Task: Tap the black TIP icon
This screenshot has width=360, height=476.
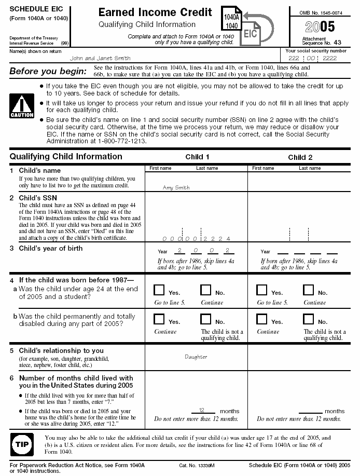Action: pyautogui.click(x=22, y=445)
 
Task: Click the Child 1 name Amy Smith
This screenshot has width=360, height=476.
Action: pyautogui.click(x=176, y=187)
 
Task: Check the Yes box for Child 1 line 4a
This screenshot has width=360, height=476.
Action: pyautogui.click(x=159, y=290)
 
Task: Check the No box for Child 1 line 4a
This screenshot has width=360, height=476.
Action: pyautogui.click(x=206, y=290)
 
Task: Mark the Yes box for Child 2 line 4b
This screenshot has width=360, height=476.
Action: pyautogui.click(x=262, y=319)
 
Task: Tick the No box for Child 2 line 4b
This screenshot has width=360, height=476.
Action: pyautogui.click(x=309, y=319)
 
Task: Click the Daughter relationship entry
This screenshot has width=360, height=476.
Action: pyautogui.click(x=196, y=357)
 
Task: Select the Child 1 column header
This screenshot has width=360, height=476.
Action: pyautogui.click(x=198, y=157)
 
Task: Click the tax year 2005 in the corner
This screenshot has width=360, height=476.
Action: pyautogui.click(x=320, y=28)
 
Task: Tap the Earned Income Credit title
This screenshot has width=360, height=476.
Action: pyautogui.click(x=155, y=12)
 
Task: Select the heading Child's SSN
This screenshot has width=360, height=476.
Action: pyautogui.click(x=38, y=198)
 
